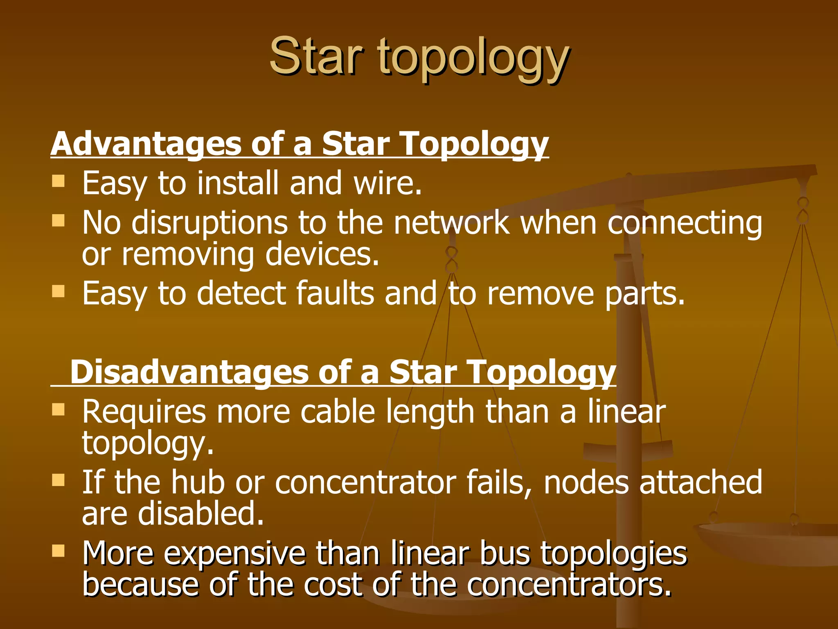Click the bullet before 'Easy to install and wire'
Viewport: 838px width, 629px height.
[x=59, y=181]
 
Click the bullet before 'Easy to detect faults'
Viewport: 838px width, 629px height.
[x=59, y=292]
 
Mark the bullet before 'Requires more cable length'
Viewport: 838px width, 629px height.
[x=59, y=410]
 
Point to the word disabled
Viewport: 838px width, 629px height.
[x=200, y=514]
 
